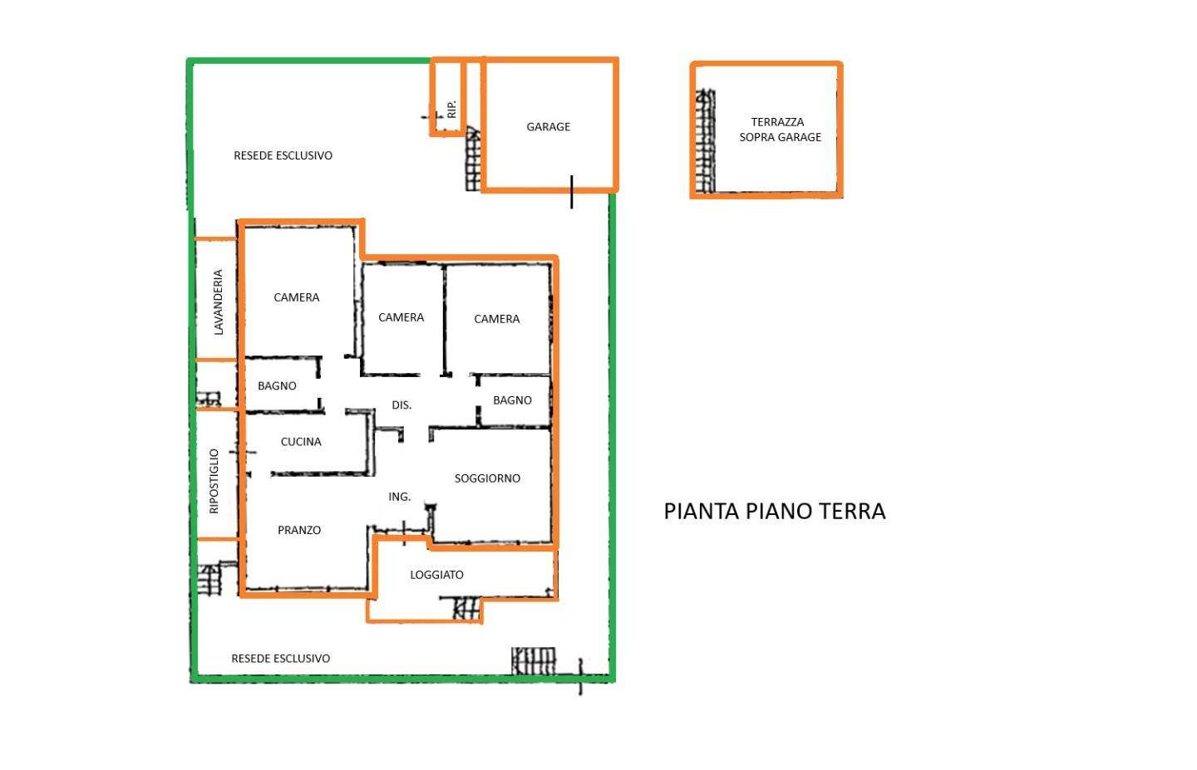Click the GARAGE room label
pos(549,127)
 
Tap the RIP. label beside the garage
pos(451,110)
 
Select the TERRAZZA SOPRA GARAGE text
pos(780,130)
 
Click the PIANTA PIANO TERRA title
pos(775,511)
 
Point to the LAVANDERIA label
pos(218,302)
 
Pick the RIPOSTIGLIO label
pos(214,481)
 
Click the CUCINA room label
pos(301,442)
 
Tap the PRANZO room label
pos(299,530)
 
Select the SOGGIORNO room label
pos(487,478)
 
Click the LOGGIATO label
pos(436,575)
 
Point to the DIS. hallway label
pos(401,405)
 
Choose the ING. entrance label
pos(399,497)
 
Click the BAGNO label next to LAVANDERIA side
pos(277,386)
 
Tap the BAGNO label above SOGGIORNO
pos(512,400)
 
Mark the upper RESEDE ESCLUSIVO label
pos(283,155)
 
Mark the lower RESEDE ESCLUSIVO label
pos(281,659)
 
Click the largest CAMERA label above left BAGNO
pos(297,297)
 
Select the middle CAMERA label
pos(401,317)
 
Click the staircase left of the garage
pos(473,159)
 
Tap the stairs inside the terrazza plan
pos(706,141)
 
